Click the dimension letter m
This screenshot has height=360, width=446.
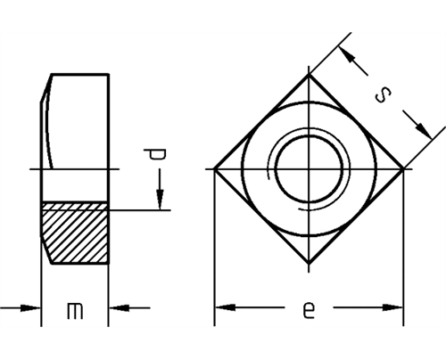point(75,311)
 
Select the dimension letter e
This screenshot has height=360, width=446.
point(309,310)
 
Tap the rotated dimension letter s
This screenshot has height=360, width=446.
point(384,95)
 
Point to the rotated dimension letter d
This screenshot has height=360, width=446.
point(155,154)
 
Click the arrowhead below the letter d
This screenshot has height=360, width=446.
point(160,200)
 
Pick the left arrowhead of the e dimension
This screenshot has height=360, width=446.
point(225,307)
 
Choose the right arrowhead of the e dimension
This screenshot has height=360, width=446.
point(392,307)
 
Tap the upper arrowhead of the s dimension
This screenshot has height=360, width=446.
point(347,55)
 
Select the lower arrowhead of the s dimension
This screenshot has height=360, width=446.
point(423,130)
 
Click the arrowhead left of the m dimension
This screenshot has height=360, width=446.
point(30,307)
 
